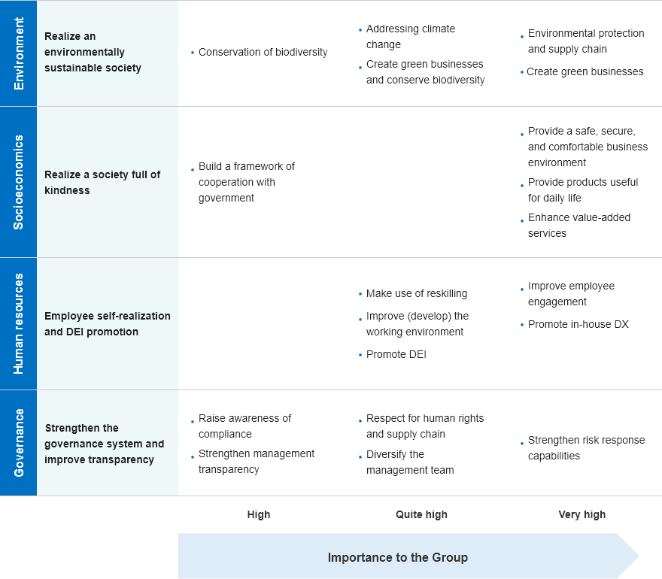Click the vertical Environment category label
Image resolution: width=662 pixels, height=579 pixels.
(19, 53)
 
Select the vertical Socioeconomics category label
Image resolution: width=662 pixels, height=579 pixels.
(19, 182)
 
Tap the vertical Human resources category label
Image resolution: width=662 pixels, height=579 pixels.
(19, 323)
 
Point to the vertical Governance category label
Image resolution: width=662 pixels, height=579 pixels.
(19, 443)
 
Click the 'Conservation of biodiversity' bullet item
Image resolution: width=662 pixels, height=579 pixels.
(263, 52)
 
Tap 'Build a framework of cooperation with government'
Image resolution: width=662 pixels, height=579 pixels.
(247, 182)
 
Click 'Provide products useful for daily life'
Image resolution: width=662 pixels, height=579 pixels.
(582, 190)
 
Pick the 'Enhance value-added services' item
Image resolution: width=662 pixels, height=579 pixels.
(578, 226)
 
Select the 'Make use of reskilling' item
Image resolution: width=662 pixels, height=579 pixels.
(417, 293)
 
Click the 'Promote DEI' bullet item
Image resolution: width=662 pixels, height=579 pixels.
(396, 354)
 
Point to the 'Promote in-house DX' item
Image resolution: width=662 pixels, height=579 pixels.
(578, 324)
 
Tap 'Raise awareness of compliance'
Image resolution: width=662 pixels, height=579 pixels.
(245, 426)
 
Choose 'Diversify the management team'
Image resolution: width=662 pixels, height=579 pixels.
(410, 462)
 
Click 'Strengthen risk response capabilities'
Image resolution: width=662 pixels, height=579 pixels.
(587, 447)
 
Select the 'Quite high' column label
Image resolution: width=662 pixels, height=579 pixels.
(421, 514)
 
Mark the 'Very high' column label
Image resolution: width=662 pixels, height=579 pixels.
(582, 514)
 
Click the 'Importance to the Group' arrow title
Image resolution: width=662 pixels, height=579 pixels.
(398, 557)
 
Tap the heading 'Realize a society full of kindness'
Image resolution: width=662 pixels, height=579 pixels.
(102, 182)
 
